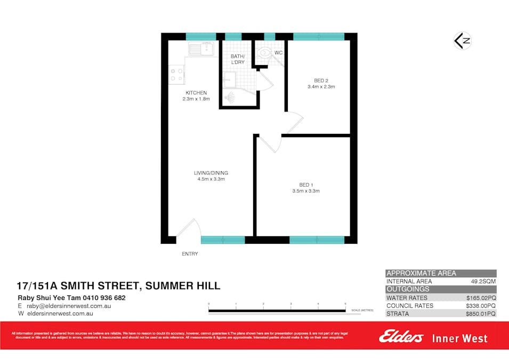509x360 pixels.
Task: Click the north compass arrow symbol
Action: (x=462, y=41)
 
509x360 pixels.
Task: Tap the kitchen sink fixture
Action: (x=200, y=50)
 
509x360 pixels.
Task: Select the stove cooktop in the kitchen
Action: (x=176, y=75)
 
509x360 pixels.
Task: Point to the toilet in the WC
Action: (x=265, y=53)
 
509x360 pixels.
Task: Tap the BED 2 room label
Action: (x=321, y=80)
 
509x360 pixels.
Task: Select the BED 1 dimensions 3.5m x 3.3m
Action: (x=306, y=191)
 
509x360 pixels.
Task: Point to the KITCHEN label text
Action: (x=196, y=93)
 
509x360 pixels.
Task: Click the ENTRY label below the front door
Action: (x=190, y=254)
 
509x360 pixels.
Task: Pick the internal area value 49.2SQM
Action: (x=483, y=282)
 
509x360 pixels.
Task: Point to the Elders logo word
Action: (x=401, y=337)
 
